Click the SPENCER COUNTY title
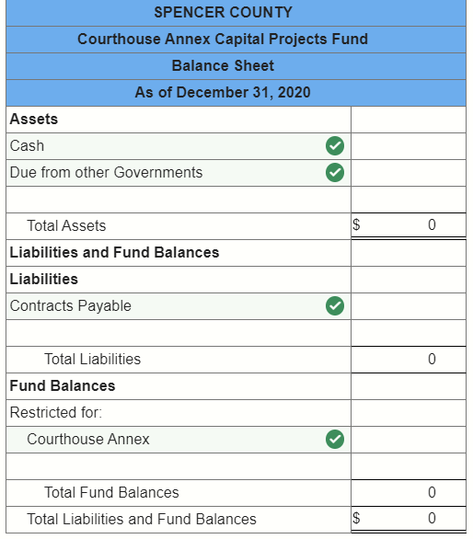tap(223, 13)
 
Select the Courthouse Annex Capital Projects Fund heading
tap(223, 40)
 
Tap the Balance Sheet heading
tap(223, 66)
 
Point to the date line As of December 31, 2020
tap(223, 92)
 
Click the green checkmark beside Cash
tap(336, 146)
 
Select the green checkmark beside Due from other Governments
tap(336, 173)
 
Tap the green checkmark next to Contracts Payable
tap(336, 306)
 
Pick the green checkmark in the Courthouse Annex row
tap(336, 440)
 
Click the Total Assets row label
tap(66, 226)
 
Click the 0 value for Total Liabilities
tap(432, 360)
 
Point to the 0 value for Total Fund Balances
tap(432, 493)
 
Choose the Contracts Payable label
tap(71, 306)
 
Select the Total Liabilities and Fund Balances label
tap(142, 520)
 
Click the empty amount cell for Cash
tap(408, 146)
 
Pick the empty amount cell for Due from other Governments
tap(408, 173)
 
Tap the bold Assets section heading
tap(34, 120)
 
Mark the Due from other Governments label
tap(107, 173)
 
